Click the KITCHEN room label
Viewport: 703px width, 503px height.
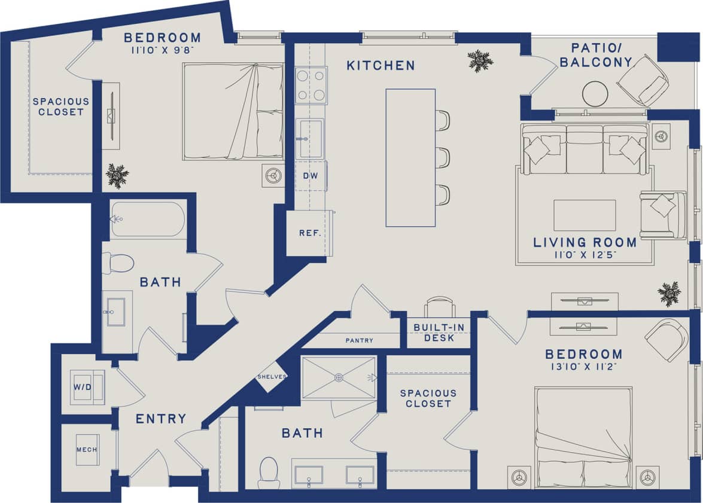pyautogui.click(x=381, y=65)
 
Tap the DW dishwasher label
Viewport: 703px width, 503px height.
pyautogui.click(x=309, y=176)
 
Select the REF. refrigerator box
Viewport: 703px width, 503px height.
pyautogui.click(x=310, y=233)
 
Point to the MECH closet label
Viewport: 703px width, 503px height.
pyautogui.click(x=87, y=450)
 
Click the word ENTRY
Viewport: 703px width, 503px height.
pyautogui.click(x=160, y=419)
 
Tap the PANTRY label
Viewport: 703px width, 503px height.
pyautogui.click(x=359, y=340)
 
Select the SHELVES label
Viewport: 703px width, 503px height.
pyautogui.click(x=272, y=377)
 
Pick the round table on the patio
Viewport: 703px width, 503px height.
pyautogui.click(x=596, y=93)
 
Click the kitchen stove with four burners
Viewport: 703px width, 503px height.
pyautogui.click(x=311, y=86)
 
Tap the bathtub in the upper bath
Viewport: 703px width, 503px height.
pyautogui.click(x=148, y=220)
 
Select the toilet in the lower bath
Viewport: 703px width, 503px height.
pyautogui.click(x=269, y=471)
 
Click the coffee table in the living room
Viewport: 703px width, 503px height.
pyautogui.click(x=584, y=215)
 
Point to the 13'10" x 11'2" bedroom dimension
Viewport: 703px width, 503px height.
pyautogui.click(x=583, y=367)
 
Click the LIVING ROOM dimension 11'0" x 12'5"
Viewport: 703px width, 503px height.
pyautogui.click(x=584, y=255)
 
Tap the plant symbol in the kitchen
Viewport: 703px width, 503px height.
pyautogui.click(x=480, y=60)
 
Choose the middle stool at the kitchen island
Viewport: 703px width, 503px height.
pyautogui.click(x=442, y=157)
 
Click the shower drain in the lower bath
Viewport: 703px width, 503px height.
pyautogui.click(x=339, y=377)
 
